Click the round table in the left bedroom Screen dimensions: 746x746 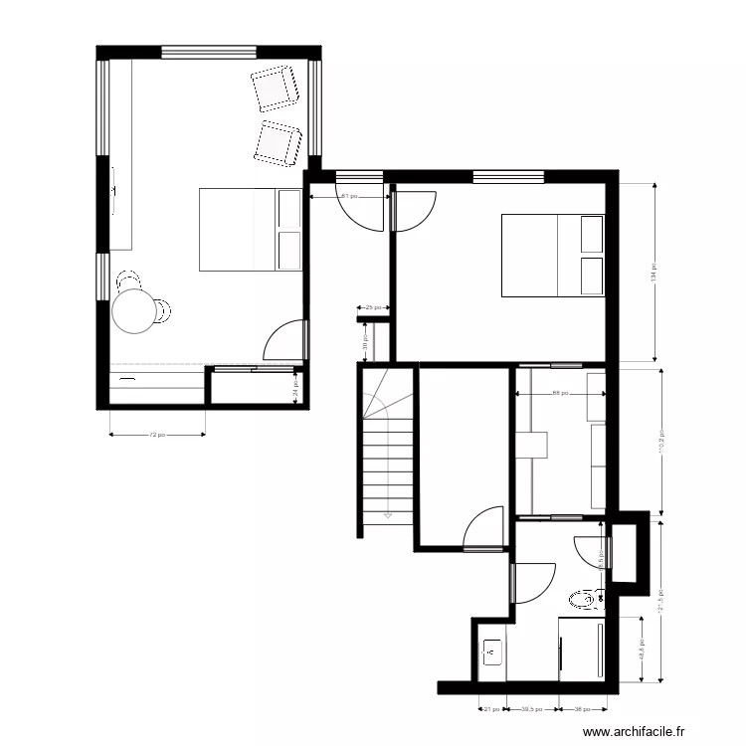[x=134, y=310]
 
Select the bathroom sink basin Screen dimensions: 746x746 [x=491, y=653]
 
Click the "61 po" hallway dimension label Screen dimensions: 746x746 [x=348, y=197]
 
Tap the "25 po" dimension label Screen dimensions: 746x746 [x=373, y=308]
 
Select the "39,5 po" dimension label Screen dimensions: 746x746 [x=535, y=710]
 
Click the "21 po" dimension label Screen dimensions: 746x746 [x=490, y=710]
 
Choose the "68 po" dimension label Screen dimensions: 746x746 [x=560, y=393]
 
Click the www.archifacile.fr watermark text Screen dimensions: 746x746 [x=634, y=731]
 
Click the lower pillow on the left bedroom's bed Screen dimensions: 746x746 [x=289, y=251]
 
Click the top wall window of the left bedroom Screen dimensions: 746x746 [x=210, y=51]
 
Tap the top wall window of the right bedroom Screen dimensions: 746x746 [x=508, y=177]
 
